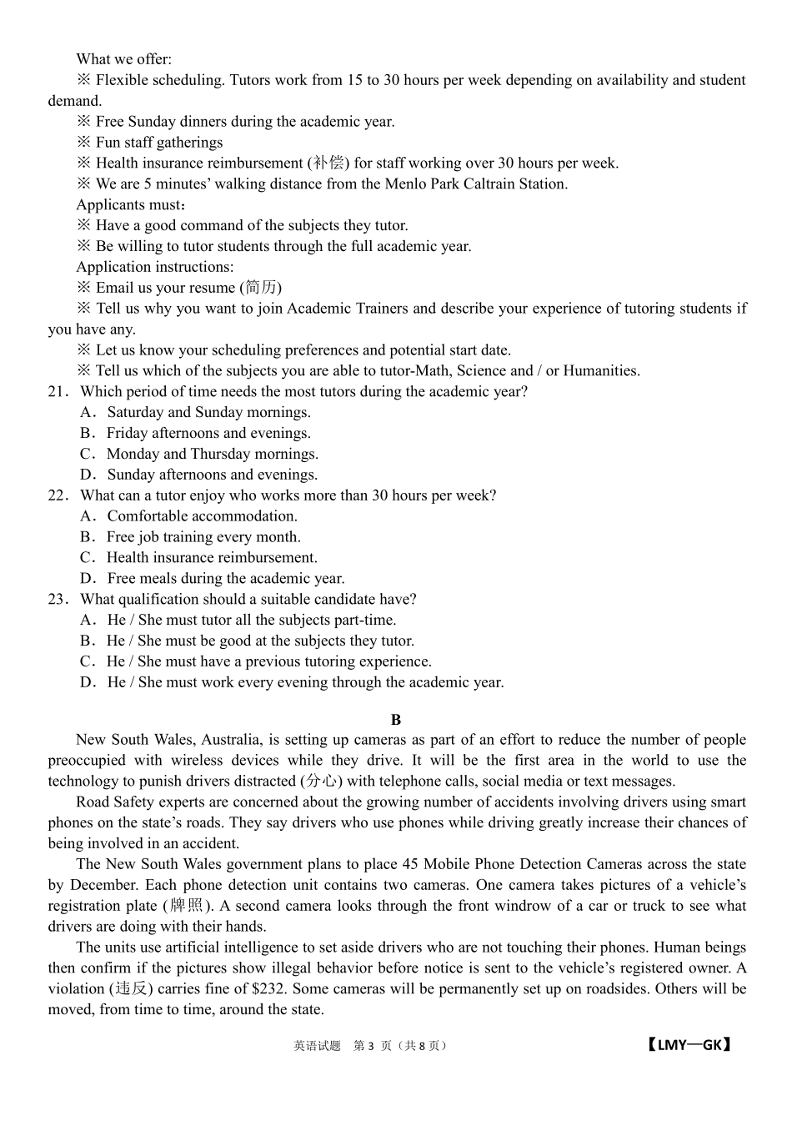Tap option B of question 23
[x=248, y=641]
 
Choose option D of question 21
[x=199, y=475]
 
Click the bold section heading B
[x=396, y=719]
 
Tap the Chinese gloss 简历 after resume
[x=261, y=288]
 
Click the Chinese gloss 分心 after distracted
[x=321, y=782]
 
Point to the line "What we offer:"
[x=123, y=59]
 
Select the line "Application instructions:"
[x=154, y=267]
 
